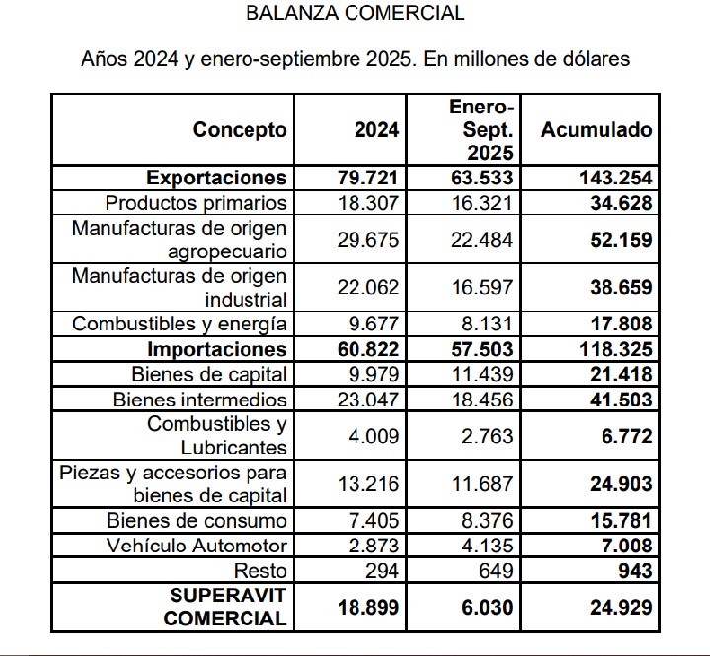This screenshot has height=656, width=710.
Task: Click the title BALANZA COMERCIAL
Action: pyautogui.click(x=354, y=14)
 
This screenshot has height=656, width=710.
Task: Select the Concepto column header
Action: pyautogui.click(x=240, y=130)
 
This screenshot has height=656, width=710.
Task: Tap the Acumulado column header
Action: pyautogui.click(x=597, y=130)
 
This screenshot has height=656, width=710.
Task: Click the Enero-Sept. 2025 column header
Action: pyautogui.click(x=482, y=130)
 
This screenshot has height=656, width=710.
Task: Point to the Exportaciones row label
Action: pyautogui.click(x=216, y=179)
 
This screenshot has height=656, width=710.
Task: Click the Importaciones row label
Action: pyautogui.click(x=216, y=349)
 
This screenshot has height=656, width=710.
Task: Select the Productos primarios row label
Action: pyautogui.click(x=195, y=203)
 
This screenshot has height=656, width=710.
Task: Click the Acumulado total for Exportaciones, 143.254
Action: pyautogui.click(x=613, y=179)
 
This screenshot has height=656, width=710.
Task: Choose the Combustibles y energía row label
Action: pyautogui.click(x=179, y=324)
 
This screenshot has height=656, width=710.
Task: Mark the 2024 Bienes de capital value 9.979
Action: pyautogui.click(x=371, y=374)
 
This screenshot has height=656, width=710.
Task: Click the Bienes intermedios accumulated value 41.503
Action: pyautogui.click(x=617, y=400)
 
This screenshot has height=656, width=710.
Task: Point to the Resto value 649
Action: pyautogui.click(x=496, y=571)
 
